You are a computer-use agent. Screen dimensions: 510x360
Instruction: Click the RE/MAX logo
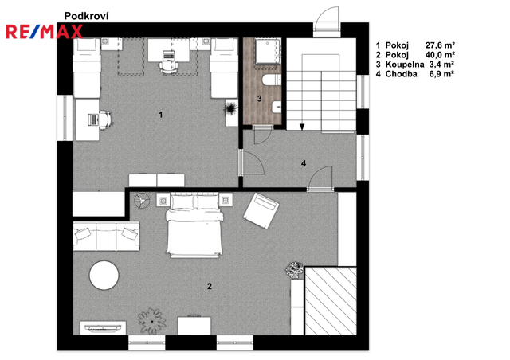(x=45, y=32)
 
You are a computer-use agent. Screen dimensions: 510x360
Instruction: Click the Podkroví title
(x=86, y=16)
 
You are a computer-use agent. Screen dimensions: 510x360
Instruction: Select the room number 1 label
(x=160, y=115)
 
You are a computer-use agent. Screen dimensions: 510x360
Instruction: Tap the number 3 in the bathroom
(x=259, y=98)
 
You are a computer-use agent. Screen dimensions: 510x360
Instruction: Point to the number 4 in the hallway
(x=304, y=163)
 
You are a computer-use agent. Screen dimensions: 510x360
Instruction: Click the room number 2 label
(x=210, y=286)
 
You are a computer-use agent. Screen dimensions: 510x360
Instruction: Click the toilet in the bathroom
(x=272, y=80)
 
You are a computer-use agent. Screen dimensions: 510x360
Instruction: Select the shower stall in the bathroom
(x=268, y=51)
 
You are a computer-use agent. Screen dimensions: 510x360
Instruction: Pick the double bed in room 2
(x=194, y=225)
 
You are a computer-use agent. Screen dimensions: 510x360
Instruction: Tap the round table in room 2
(x=104, y=275)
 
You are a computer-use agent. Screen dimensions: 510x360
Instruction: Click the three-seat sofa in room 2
(x=106, y=236)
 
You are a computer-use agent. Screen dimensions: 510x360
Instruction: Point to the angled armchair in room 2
(x=261, y=210)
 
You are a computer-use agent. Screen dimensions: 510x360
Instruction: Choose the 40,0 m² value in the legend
(x=440, y=55)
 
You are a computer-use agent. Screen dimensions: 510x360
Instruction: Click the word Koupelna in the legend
(x=405, y=65)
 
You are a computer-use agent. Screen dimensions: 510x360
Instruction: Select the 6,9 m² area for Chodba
(x=441, y=74)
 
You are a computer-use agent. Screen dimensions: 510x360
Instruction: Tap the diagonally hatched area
(x=331, y=301)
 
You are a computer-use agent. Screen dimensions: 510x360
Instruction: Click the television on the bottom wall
(x=103, y=328)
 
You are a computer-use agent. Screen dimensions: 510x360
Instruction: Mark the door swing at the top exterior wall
(x=327, y=20)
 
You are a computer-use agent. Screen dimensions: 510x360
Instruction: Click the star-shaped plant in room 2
(x=152, y=321)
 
